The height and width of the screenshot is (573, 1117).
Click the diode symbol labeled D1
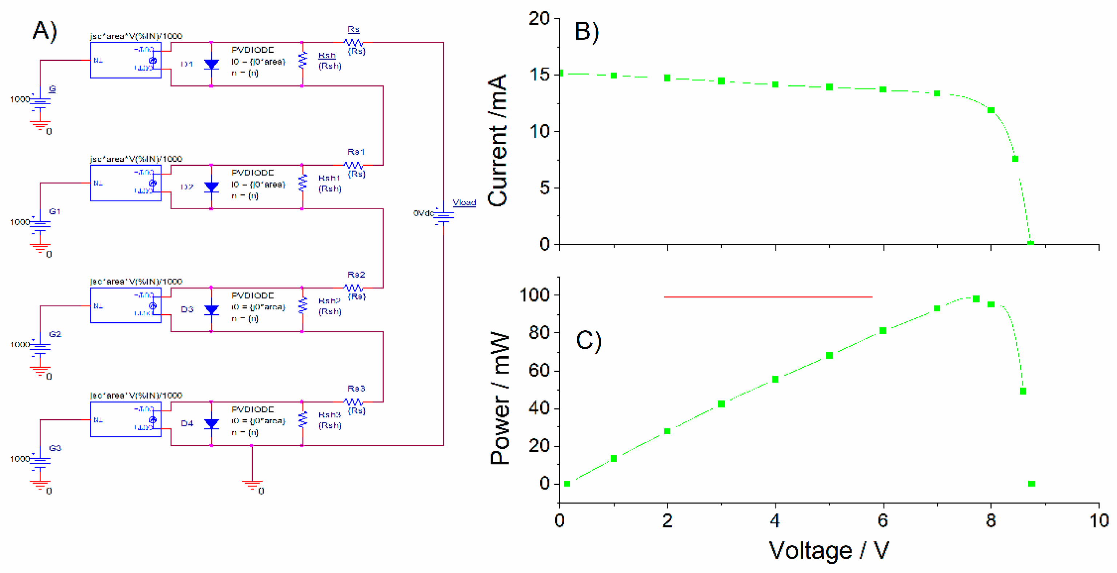pyautogui.click(x=211, y=64)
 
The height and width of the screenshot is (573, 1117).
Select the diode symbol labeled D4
pyautogui.click(x=211, y=423)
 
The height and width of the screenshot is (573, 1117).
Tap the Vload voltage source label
pyautogui.click(x=464, y=202)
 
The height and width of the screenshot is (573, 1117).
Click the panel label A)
pyautogui.click(x=45, y=31)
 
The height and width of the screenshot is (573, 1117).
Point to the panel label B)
pyautogui.click(x=586, y=31)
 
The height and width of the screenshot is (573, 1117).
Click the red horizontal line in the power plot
pyautogui.click(x=768, y=297)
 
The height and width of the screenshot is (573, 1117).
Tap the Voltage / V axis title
pyautogui.click(x=829, y=551)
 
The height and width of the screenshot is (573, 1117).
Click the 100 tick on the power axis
pyautogui.click(x=534, y=295)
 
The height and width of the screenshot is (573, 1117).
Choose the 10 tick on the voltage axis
pyautogui.click(x=1098, y=520)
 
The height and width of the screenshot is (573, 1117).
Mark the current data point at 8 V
pyautogui.click(x=991, y=110)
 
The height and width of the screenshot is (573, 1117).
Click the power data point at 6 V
pyautogui.click(x=883, y=331)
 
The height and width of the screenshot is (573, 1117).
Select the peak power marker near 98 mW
pyautogui.click(x=976, y=299)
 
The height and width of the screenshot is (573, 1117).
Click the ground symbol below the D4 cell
pyautogui.click(x=252, y=485)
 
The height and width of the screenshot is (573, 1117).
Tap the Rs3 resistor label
pyautogui.click(x=356, y=388)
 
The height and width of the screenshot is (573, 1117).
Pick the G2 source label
pyautogui.click(x=55, y=334)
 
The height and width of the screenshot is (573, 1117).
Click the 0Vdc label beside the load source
pyautogui.click(x=423, y=213)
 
